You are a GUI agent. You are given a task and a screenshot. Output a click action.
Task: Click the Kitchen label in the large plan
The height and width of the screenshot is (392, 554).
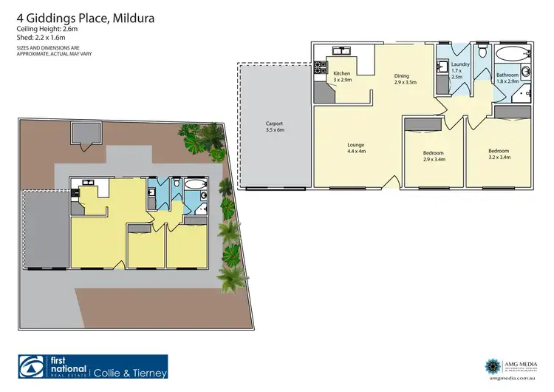(x=342, y=78)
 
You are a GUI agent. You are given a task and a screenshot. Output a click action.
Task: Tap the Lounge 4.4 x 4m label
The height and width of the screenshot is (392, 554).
(x=357, y=148)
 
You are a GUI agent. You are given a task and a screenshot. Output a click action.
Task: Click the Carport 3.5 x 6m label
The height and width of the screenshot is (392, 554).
(x=275, y=126)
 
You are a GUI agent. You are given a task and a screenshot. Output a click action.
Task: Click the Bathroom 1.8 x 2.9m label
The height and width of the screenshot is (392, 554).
(x=507, y=78)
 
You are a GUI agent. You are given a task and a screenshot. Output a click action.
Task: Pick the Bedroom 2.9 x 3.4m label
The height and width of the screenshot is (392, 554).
(x=434, y=155)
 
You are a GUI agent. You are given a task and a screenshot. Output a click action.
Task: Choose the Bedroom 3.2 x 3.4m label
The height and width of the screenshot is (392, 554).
(x=499, y=155)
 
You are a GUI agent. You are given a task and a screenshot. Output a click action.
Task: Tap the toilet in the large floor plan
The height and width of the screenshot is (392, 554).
(x=482, y=51)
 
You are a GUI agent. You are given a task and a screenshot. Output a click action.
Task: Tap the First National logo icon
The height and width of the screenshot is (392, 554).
(x=32, y=367)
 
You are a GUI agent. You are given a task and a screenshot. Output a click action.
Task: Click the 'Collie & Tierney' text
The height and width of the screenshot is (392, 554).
(x=131, y=372)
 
